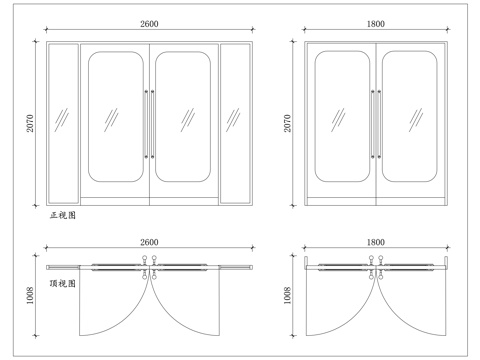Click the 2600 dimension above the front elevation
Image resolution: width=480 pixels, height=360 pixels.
[x=150, y=22]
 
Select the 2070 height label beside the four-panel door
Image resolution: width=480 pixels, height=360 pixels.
[x=30, y=122]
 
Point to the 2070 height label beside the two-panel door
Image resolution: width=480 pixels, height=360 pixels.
[x=288, y=122]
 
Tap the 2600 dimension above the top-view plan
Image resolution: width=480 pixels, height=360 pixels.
[x=150, y=243]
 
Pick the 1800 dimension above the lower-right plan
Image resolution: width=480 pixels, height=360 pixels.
[x=377, y=243]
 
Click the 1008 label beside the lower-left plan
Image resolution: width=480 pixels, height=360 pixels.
[x=30, y=296]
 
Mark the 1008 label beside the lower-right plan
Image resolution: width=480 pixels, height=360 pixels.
[x=288, y=296]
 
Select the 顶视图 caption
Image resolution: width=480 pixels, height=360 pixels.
[x=63, y=283]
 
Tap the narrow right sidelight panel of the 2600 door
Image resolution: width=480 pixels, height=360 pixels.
[x=236, y=122]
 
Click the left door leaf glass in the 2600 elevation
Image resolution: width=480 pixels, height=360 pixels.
[x=115, y=118]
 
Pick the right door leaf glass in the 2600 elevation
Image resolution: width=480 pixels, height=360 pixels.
[x=184, y=118]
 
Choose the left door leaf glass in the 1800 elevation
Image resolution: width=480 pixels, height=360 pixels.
[x=342, y=118]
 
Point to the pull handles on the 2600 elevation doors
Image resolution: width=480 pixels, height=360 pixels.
[x=149, y=124]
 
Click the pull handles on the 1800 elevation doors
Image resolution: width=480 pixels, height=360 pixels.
[x=376, y=124]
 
